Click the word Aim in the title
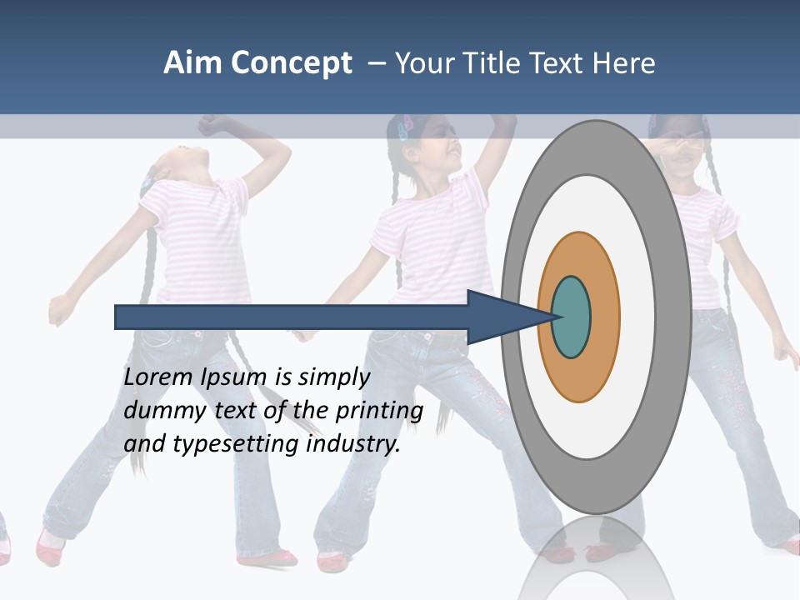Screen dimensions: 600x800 coord(194,63)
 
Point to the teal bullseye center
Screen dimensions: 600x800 coord(571,317)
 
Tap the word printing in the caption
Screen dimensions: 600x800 coord(379,412)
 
